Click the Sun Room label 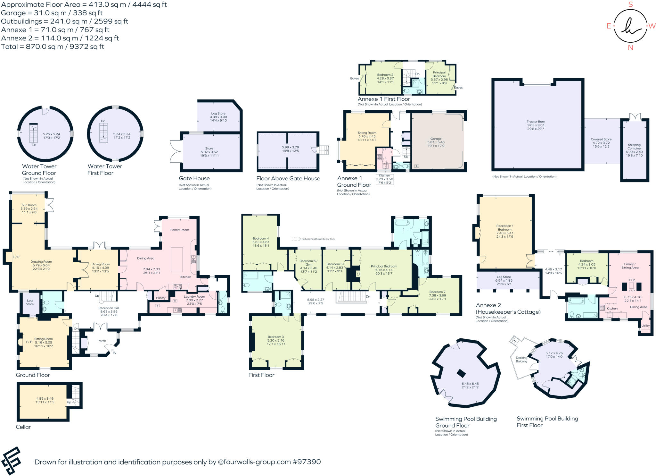pos(29,205)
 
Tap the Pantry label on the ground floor pos(161,298)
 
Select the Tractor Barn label pos(536,122)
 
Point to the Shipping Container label pos(634,147)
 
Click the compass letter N pos(630,48)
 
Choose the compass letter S pos(630,4)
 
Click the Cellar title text pos(23,427)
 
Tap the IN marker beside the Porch pos(114,353)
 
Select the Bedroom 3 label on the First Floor pos(276,337)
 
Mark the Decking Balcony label pos(521,360)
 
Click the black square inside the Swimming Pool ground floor pos(461,373)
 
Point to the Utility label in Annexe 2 pos(645,326)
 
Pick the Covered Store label pos(601,139)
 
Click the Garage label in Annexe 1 pos(436,139)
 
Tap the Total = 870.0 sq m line pos(53,47)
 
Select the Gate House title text pos(194,178)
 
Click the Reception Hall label pos(109,308)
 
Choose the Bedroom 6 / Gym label pos(308,263)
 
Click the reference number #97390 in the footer pos(306,462)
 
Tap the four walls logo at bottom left pos(11,461)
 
